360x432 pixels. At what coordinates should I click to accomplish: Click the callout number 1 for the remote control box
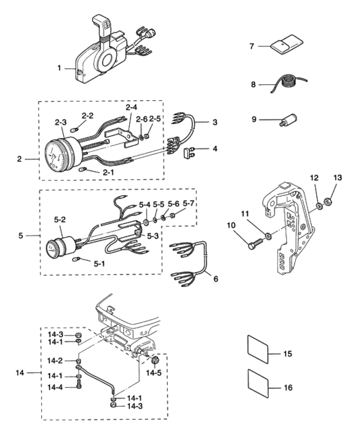[x=59, y=67]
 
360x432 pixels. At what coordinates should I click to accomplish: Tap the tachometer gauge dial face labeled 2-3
[x=56, y=155]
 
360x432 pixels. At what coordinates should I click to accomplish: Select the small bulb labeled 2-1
[x=83, y=168]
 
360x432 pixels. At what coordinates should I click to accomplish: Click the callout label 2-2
[x=87, y=116]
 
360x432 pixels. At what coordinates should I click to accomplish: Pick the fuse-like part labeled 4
[x=188, y=152]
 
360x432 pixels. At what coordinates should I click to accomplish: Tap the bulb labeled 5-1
[x=76, y=259]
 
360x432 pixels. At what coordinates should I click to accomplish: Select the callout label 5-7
[x=188, y=204]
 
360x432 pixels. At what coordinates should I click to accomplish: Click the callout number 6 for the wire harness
[x=215, y=279]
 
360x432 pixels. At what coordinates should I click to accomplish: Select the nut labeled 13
[x=328, y=202]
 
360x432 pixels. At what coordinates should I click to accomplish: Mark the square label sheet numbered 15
[x=258, y=349]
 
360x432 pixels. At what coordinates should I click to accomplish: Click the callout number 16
[x=288, y=388]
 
